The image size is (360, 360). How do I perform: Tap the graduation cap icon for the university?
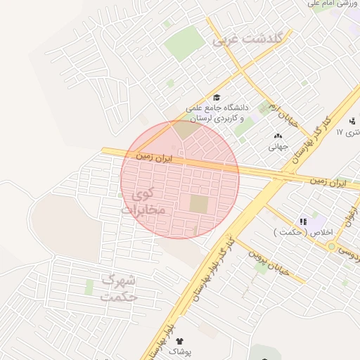click(x=217, y=98)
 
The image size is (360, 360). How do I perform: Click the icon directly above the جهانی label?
click(x=278, y=136)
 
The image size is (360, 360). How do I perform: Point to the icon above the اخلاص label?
click(x=303, y=221)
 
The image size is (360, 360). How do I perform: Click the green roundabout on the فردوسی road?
click(x=330, y=246)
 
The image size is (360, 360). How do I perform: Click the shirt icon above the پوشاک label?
click(x=180, y=340)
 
